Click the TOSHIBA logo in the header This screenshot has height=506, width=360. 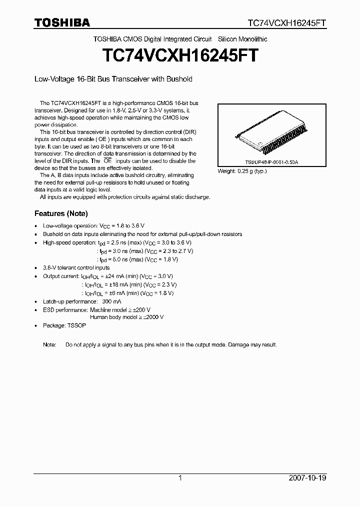62,23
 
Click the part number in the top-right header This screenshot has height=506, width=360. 287,23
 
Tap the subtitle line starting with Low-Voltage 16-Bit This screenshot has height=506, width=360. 113,79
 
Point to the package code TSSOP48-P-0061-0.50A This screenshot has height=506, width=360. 272,163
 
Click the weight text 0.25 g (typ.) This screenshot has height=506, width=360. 242,171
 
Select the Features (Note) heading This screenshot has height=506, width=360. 61,213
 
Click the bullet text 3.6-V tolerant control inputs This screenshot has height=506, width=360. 76,268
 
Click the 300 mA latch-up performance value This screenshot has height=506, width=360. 112,302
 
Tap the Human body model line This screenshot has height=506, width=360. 127,317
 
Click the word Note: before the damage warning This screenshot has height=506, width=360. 49,345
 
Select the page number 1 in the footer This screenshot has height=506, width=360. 180,478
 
